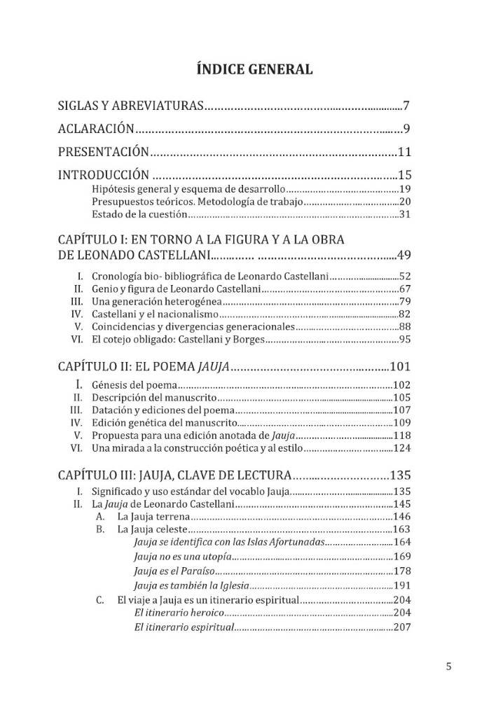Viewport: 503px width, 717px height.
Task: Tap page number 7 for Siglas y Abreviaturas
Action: tap(406, 106)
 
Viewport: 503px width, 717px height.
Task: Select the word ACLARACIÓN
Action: tap(96, 129)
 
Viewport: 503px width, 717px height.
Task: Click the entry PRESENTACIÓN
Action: tap(103, 151)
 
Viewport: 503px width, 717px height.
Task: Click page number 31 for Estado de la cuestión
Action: tap(404, 214)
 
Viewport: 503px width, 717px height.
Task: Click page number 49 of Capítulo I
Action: tap(403, 253)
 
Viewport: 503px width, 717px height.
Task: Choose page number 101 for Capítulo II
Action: tap(401, 366)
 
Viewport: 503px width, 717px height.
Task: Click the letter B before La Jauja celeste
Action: tap(100, 529)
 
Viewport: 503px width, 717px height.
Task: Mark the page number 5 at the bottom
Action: tap(448, 666)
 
